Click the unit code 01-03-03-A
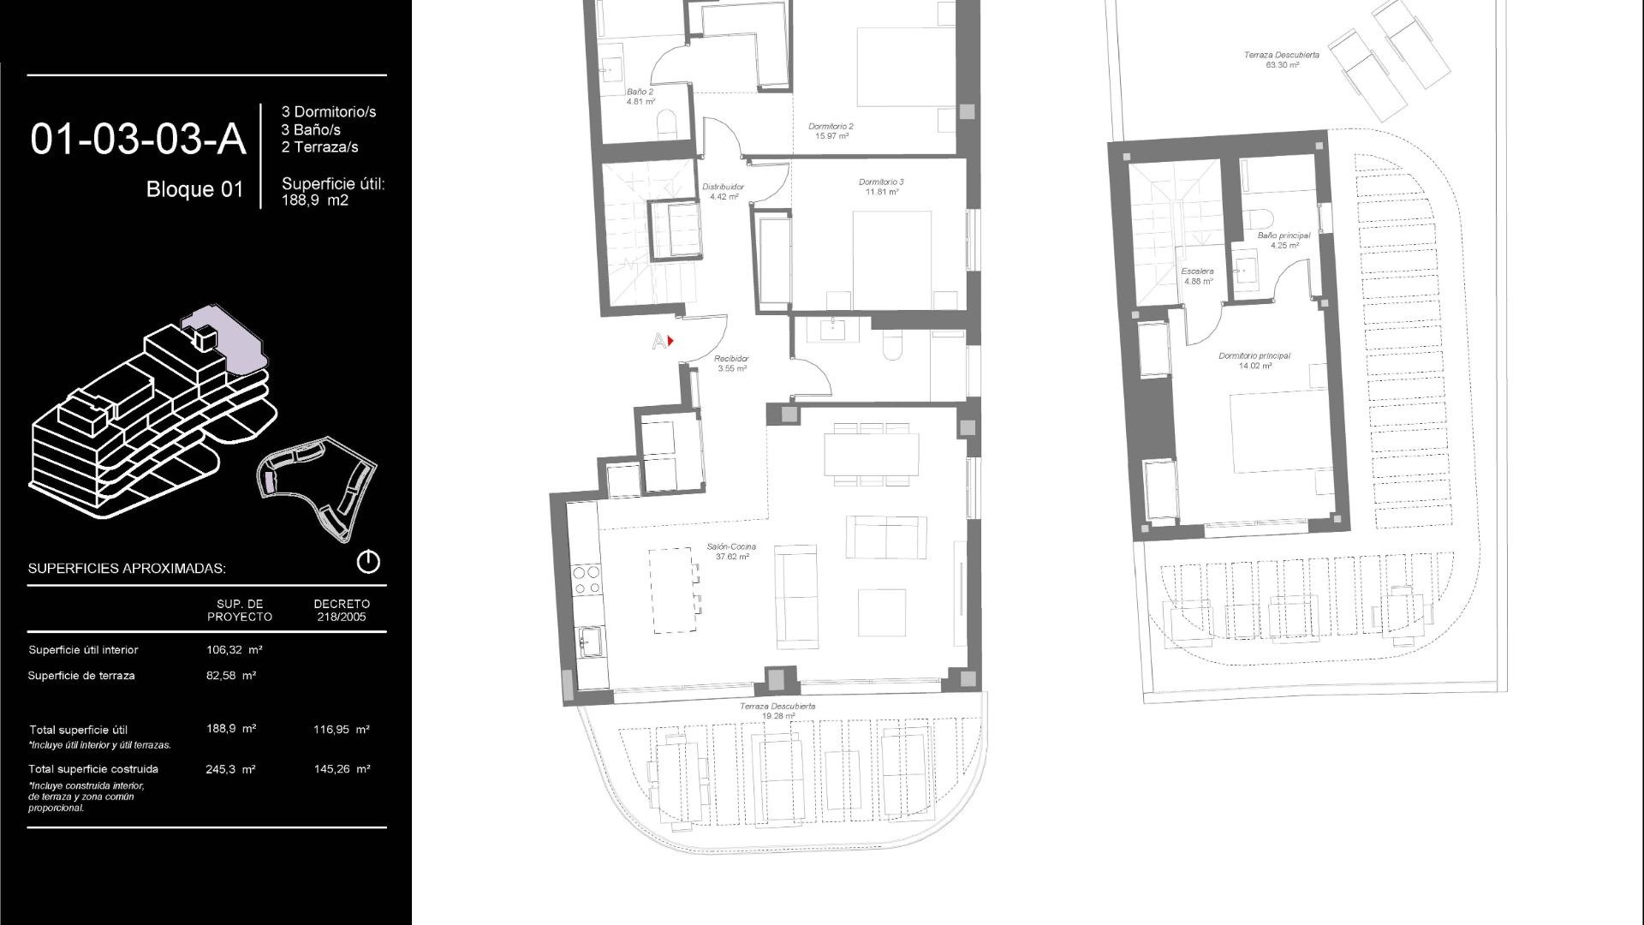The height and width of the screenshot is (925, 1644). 138,140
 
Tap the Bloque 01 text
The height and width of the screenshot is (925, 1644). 194,189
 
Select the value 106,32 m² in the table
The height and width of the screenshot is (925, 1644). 234,650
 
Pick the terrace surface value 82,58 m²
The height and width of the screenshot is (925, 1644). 231,676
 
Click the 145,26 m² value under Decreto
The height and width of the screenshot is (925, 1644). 342,769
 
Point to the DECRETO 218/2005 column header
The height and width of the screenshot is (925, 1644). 342,610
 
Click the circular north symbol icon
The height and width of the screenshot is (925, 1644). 368,562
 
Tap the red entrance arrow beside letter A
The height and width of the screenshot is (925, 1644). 670,341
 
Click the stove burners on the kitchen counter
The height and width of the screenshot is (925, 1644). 587,580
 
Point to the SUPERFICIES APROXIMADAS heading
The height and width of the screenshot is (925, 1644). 127,569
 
